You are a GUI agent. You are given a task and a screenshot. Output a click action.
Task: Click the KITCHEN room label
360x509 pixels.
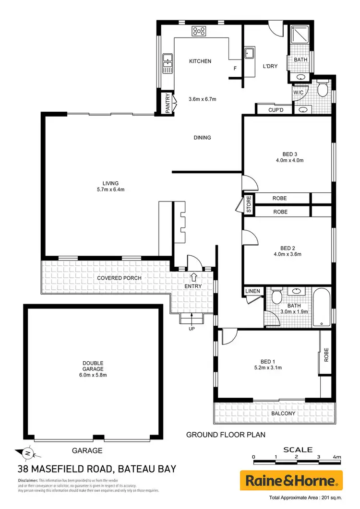tap(200, 61)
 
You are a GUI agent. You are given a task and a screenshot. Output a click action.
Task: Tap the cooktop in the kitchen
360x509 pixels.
tap(199, 31)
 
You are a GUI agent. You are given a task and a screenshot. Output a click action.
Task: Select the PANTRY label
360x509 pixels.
tap(168, 104)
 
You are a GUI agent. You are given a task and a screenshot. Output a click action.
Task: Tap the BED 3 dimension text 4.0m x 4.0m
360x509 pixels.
tap(288, 160)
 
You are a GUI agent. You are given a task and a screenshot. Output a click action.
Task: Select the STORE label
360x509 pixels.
tap(249, 204)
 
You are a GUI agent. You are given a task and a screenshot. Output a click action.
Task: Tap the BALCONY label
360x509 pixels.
tap(283, 413)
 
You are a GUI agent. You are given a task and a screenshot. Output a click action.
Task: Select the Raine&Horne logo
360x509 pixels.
tap(291, 480)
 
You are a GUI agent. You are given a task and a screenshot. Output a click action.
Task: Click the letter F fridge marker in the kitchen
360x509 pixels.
tap(235, 69)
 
